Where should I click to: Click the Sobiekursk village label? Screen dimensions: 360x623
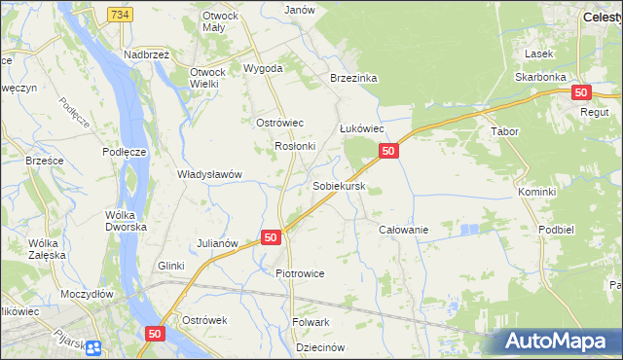(x=339, y=184)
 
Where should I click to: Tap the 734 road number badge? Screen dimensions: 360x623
(x=120, y=15)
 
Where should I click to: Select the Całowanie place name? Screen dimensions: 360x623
(x=403, y=230)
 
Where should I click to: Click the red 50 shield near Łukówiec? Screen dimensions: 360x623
(x=387, y=151)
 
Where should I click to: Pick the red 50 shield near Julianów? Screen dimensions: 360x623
(x=271, y=237)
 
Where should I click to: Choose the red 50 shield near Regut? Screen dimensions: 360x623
(x=581, y=92)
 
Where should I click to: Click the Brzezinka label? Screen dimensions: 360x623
(x=353, y=78)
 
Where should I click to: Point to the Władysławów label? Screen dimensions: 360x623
(x=208, y=174)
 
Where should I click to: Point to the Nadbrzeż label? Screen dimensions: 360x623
(x=147, y=54)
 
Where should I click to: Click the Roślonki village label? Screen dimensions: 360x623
(x=295, y=146)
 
